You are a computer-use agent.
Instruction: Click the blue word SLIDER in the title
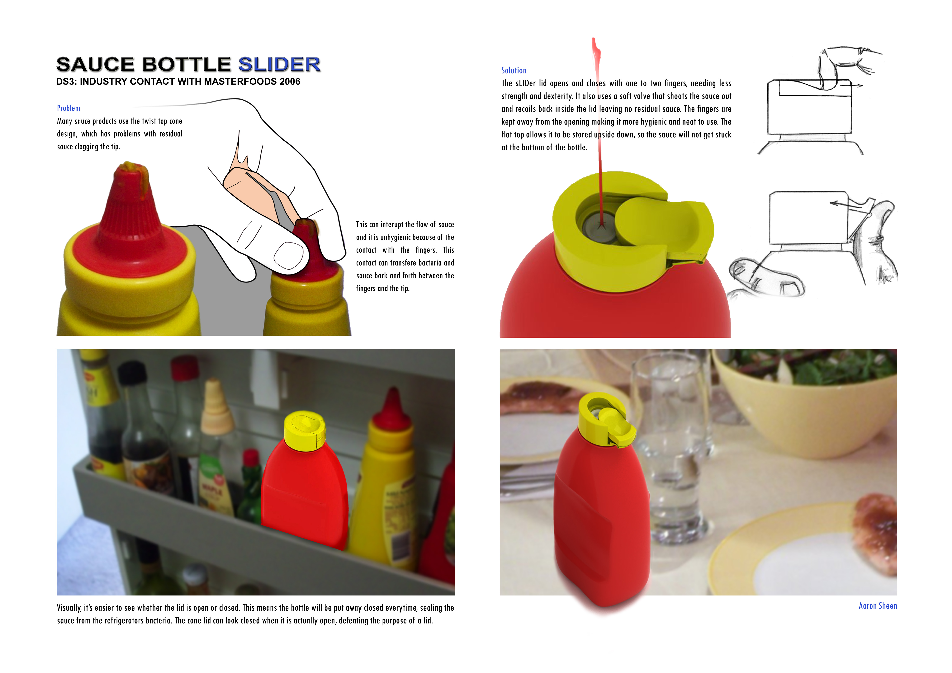279,65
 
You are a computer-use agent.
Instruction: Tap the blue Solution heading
514,70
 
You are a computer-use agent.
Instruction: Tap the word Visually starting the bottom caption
69,608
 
